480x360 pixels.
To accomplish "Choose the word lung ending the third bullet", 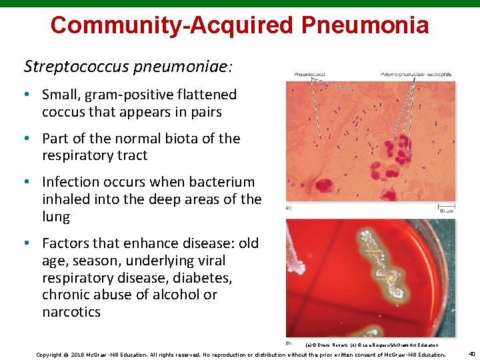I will click(55, 217).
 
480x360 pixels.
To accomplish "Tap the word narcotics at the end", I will click(71, 312).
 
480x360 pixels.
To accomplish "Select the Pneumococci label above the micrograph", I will click(309, 74).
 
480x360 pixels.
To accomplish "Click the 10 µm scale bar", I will click(446, 208).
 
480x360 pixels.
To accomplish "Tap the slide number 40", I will click(471, 353).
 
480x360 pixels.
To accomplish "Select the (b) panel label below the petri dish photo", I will click(289, 343).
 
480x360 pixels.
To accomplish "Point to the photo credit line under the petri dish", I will click(371, 345).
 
